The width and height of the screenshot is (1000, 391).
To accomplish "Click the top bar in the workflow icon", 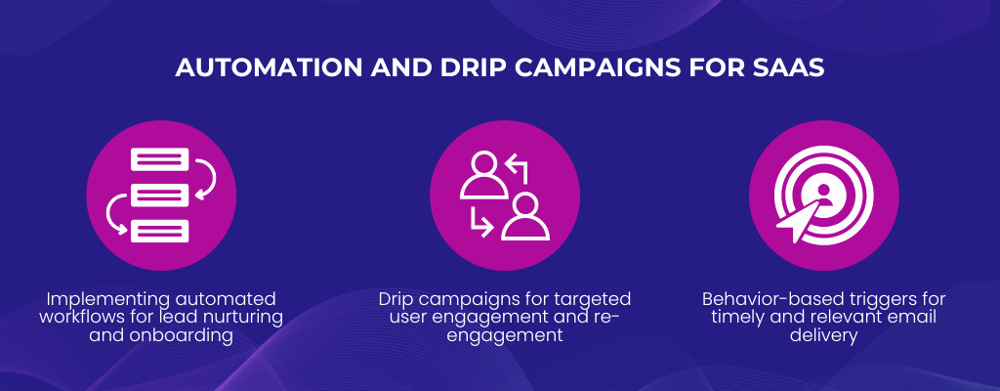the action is pos(160,159).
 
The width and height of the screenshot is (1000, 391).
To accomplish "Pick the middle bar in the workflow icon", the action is pos(160,195).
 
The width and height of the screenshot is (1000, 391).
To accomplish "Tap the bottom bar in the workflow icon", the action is pos(160,231).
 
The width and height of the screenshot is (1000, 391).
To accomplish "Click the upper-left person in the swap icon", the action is pos(484,175).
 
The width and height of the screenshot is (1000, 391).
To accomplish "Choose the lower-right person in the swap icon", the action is pos(524,217).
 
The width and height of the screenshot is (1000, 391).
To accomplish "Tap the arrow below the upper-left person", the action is pos(481,221).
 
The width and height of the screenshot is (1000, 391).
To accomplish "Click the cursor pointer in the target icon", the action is pos(798,221).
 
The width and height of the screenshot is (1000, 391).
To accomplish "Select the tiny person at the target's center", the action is pos(823,195).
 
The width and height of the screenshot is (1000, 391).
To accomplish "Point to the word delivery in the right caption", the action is pos(823,334).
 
